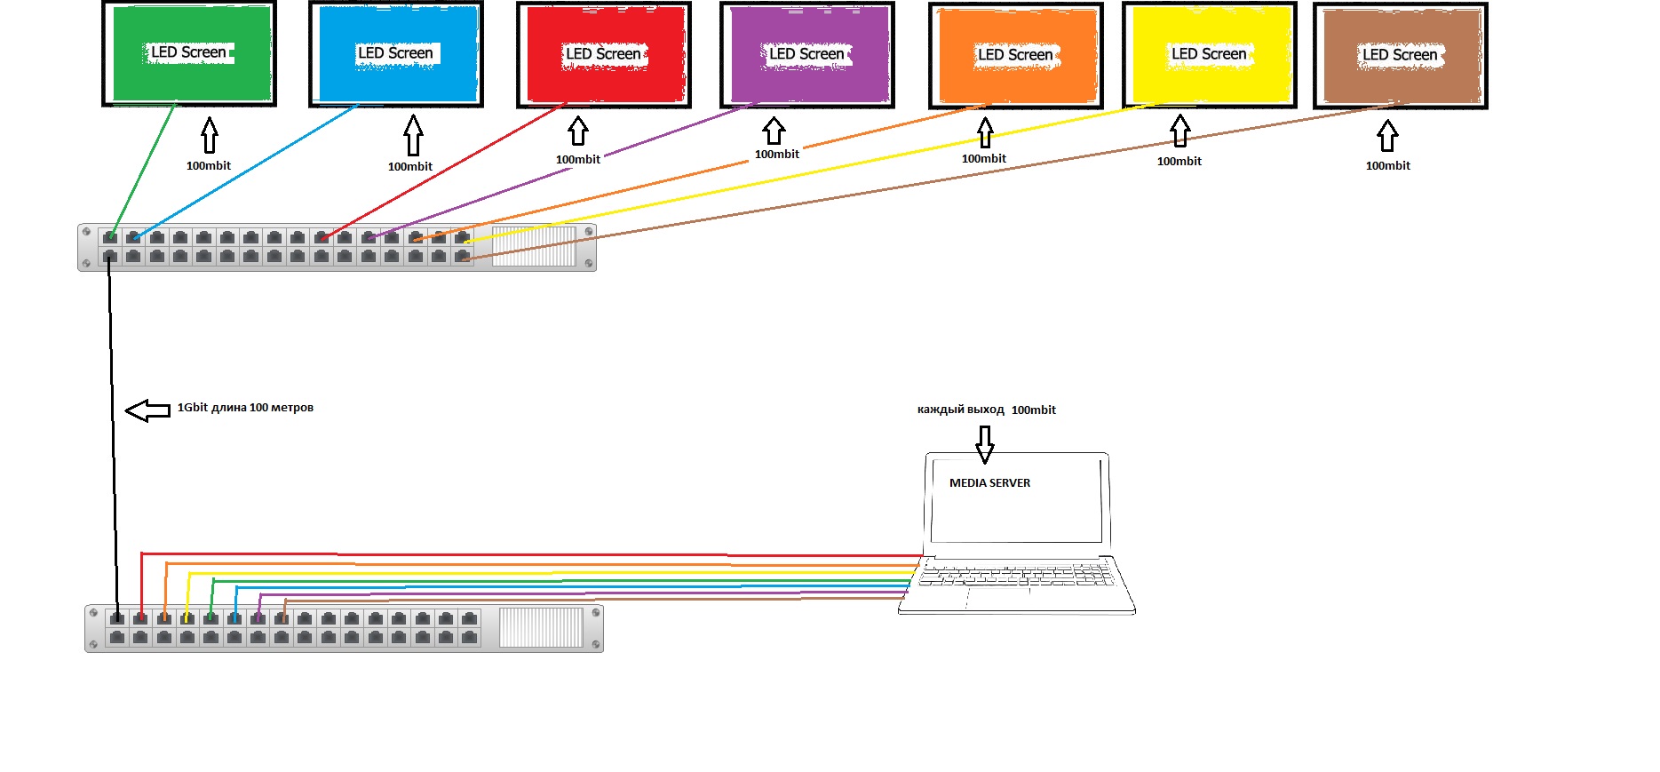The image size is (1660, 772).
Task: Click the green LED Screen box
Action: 189,53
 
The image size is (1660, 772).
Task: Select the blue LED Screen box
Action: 395,53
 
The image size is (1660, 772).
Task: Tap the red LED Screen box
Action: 604,54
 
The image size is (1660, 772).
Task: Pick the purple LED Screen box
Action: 806,54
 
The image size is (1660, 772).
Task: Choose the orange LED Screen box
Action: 1015,55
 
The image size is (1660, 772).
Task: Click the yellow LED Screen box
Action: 1209,54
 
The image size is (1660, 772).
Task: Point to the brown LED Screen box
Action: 1400,55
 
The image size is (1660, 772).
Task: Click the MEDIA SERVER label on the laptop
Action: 989,483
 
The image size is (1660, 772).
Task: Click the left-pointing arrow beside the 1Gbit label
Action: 147,410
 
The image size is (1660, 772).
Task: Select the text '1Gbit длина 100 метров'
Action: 245,408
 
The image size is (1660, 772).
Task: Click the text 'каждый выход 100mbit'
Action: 986,410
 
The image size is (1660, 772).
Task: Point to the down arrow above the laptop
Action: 984,444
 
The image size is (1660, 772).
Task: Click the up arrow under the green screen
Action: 209,136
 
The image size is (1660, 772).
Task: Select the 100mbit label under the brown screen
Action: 1387,166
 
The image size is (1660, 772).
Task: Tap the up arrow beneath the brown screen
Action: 1387,137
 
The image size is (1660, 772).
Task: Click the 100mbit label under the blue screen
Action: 409,167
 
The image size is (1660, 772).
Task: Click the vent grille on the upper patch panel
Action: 534,246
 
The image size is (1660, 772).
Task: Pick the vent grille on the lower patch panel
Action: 541,627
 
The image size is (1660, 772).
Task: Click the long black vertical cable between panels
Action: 113,426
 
